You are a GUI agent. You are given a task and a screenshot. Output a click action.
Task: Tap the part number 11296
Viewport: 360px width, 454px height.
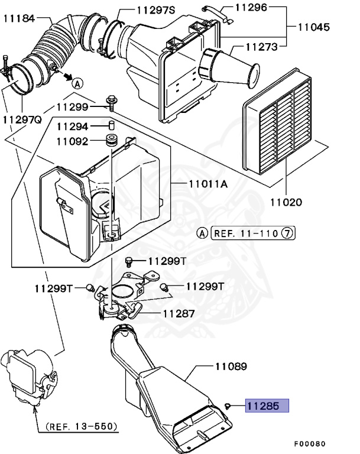251,8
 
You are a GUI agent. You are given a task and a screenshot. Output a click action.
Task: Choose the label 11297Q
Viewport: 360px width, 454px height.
21,119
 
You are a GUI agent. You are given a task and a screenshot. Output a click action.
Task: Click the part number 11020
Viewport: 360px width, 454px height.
287,202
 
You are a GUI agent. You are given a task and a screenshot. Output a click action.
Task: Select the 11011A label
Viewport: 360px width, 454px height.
207,184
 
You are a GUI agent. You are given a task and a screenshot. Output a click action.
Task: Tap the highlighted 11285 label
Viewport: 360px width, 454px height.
267,406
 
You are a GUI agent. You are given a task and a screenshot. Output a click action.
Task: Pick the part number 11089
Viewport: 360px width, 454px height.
231,367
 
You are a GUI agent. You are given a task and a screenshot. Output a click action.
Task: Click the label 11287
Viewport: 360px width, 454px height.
179,314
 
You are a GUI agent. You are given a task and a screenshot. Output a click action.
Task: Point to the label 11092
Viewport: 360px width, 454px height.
73,141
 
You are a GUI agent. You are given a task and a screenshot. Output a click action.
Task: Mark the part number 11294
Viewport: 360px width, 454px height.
73,127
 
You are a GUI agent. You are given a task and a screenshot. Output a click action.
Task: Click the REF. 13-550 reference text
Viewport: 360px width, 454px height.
81,426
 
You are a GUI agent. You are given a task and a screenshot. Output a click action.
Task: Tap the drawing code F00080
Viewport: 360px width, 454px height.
309,443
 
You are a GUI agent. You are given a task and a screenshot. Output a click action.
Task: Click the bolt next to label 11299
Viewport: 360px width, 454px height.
111,102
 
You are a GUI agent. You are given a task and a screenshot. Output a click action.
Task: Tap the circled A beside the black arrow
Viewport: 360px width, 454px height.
77,83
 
